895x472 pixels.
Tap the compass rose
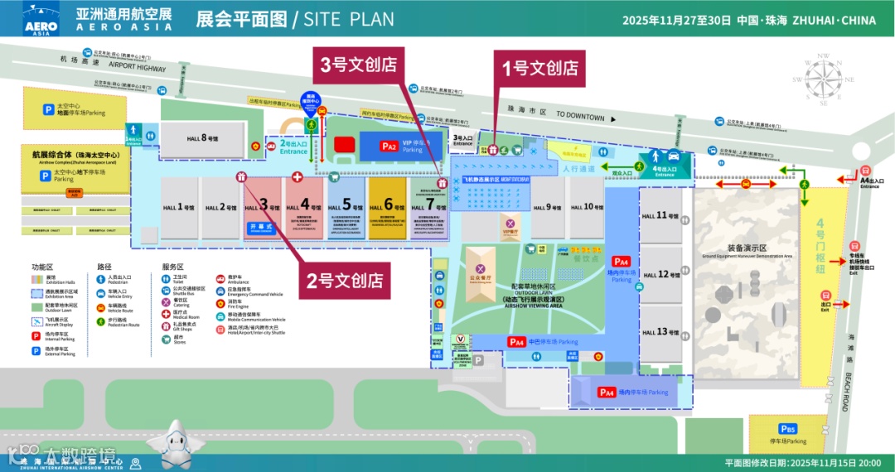coord(822,80)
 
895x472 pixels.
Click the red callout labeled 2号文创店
coord(347,280)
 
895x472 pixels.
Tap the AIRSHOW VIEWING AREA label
coord(534,306)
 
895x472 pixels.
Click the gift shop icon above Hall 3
coord(241,177)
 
